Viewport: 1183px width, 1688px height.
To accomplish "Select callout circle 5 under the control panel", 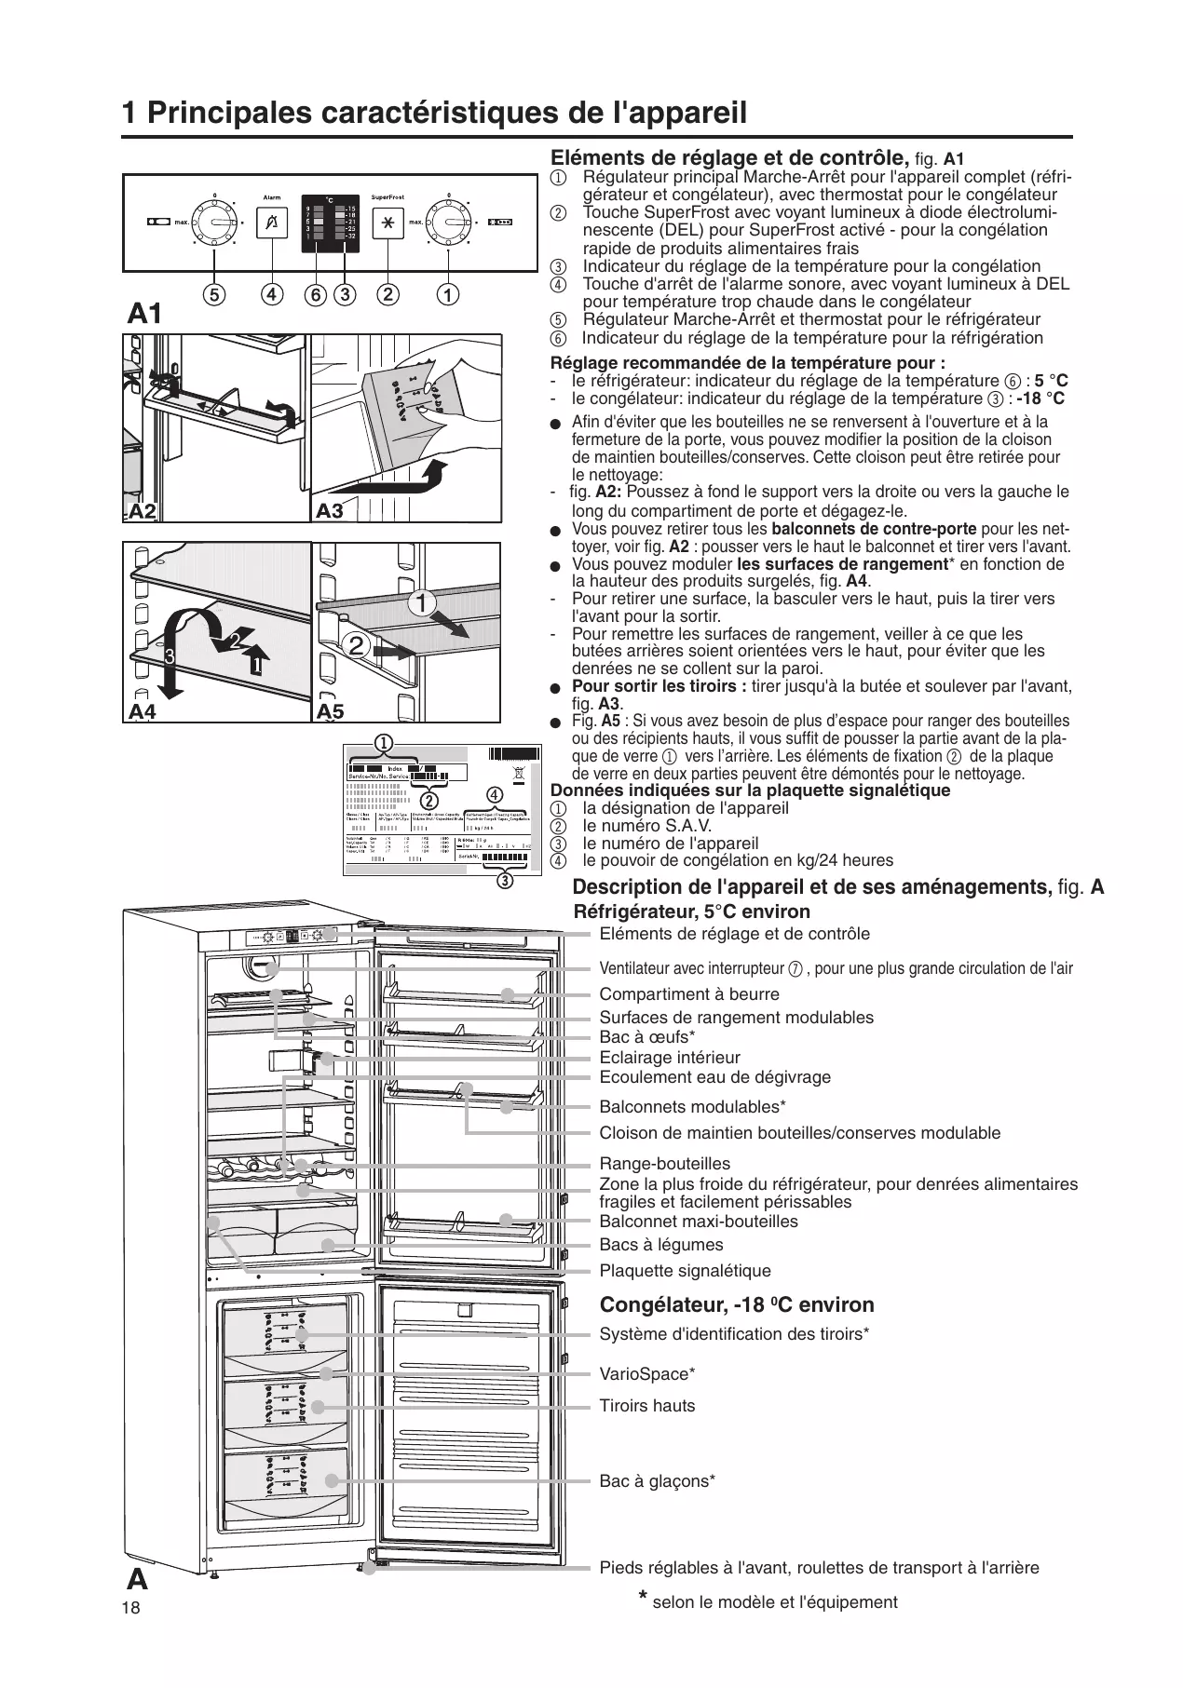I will click(x=214, y=295).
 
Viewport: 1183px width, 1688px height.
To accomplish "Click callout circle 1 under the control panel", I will click(x=448, y=295).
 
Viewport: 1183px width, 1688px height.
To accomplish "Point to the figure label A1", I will click(x=144, y=315).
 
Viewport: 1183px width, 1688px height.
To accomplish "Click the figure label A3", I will click(x=330, y=511).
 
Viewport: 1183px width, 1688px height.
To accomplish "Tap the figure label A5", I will click(x=330, y=712).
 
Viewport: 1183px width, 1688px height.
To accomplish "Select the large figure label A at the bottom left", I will click(x=138, y=1579).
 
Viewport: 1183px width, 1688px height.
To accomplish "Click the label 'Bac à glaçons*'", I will click(x=657, y=1480).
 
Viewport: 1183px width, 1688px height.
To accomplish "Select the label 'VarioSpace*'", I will click(x=647, y=1374).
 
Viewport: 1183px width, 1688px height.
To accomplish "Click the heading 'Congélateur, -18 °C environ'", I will click(x=737, y=1304).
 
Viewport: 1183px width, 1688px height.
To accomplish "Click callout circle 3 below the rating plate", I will click(x=505, y=880).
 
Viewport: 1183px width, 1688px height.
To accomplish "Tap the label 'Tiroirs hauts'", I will click(x=646, y=1406).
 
